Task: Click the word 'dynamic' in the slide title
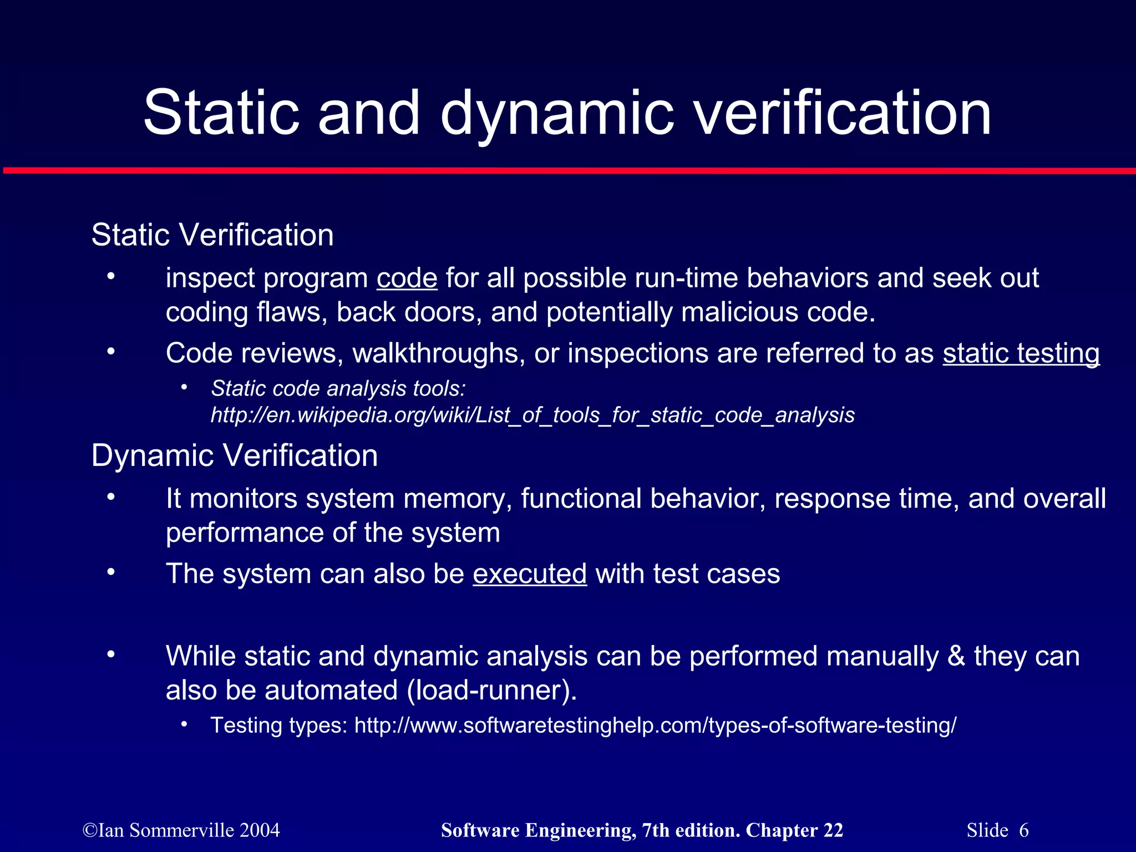[557, 114]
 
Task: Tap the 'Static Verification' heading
[212, 235]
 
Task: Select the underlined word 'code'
[407, 278]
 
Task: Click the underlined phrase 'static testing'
[1021, 353]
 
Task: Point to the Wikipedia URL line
[532, 415]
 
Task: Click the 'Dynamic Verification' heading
[235, 455]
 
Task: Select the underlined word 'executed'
[530, 574]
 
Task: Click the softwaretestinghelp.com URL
[655, 726]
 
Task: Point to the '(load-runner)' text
[492, 691]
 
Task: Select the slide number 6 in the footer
[1024, 830]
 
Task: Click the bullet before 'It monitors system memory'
[111, 497]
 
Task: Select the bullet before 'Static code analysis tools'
[184, 387]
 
